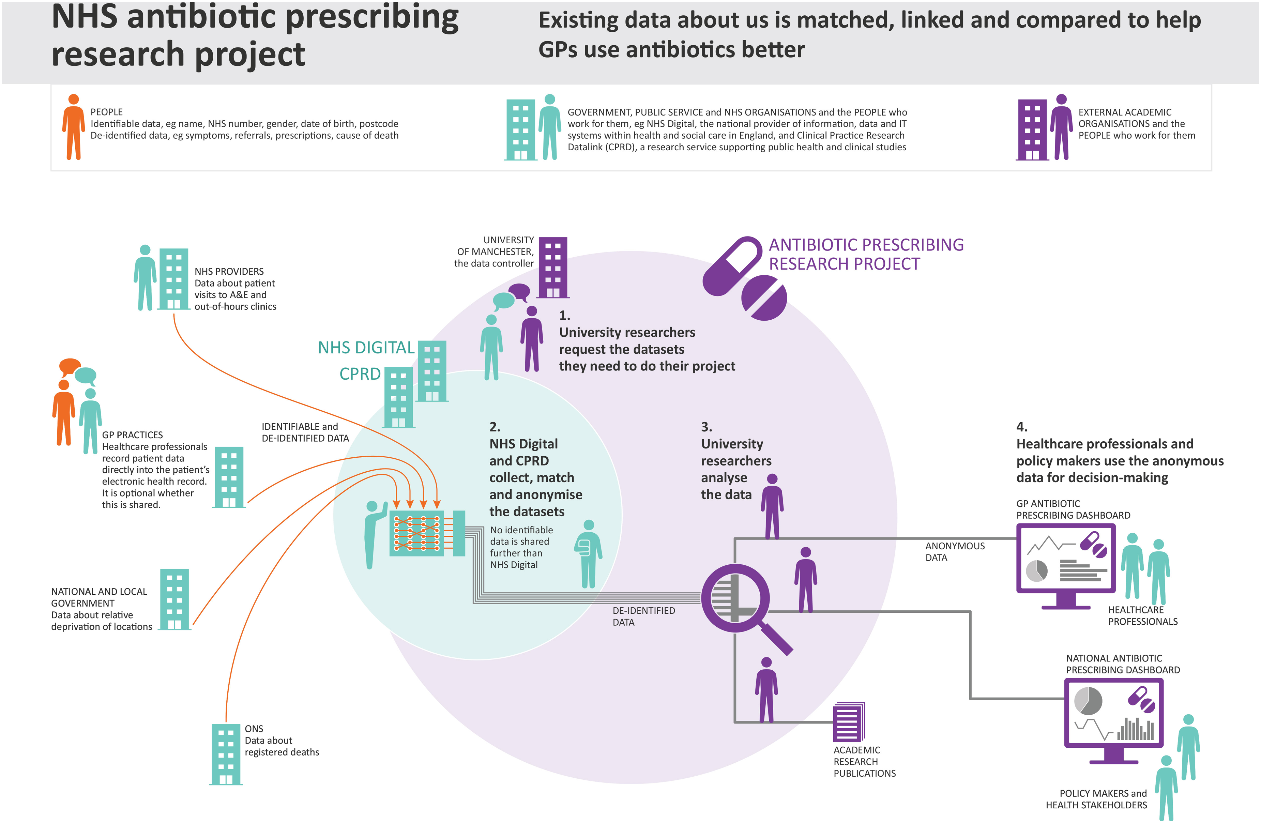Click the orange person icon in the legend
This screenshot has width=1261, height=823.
tap(74, 127)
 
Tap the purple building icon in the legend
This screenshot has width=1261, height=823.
tap(1032, 130)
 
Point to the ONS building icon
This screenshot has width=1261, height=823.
tap(226, 754)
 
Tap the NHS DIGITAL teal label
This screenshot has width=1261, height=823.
tap(366, 348)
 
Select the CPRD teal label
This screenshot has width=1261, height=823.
tap(360, 374)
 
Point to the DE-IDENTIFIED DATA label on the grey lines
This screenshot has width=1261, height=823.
tap(644, 616)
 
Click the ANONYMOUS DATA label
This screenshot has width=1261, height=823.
tap(955, 552)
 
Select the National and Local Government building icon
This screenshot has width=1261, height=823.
tap(175, 599)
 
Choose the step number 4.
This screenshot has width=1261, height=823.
tap(1021, 427)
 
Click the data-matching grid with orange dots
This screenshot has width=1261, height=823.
tap(416, 533)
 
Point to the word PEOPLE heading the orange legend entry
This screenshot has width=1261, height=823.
tap(106, 112)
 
